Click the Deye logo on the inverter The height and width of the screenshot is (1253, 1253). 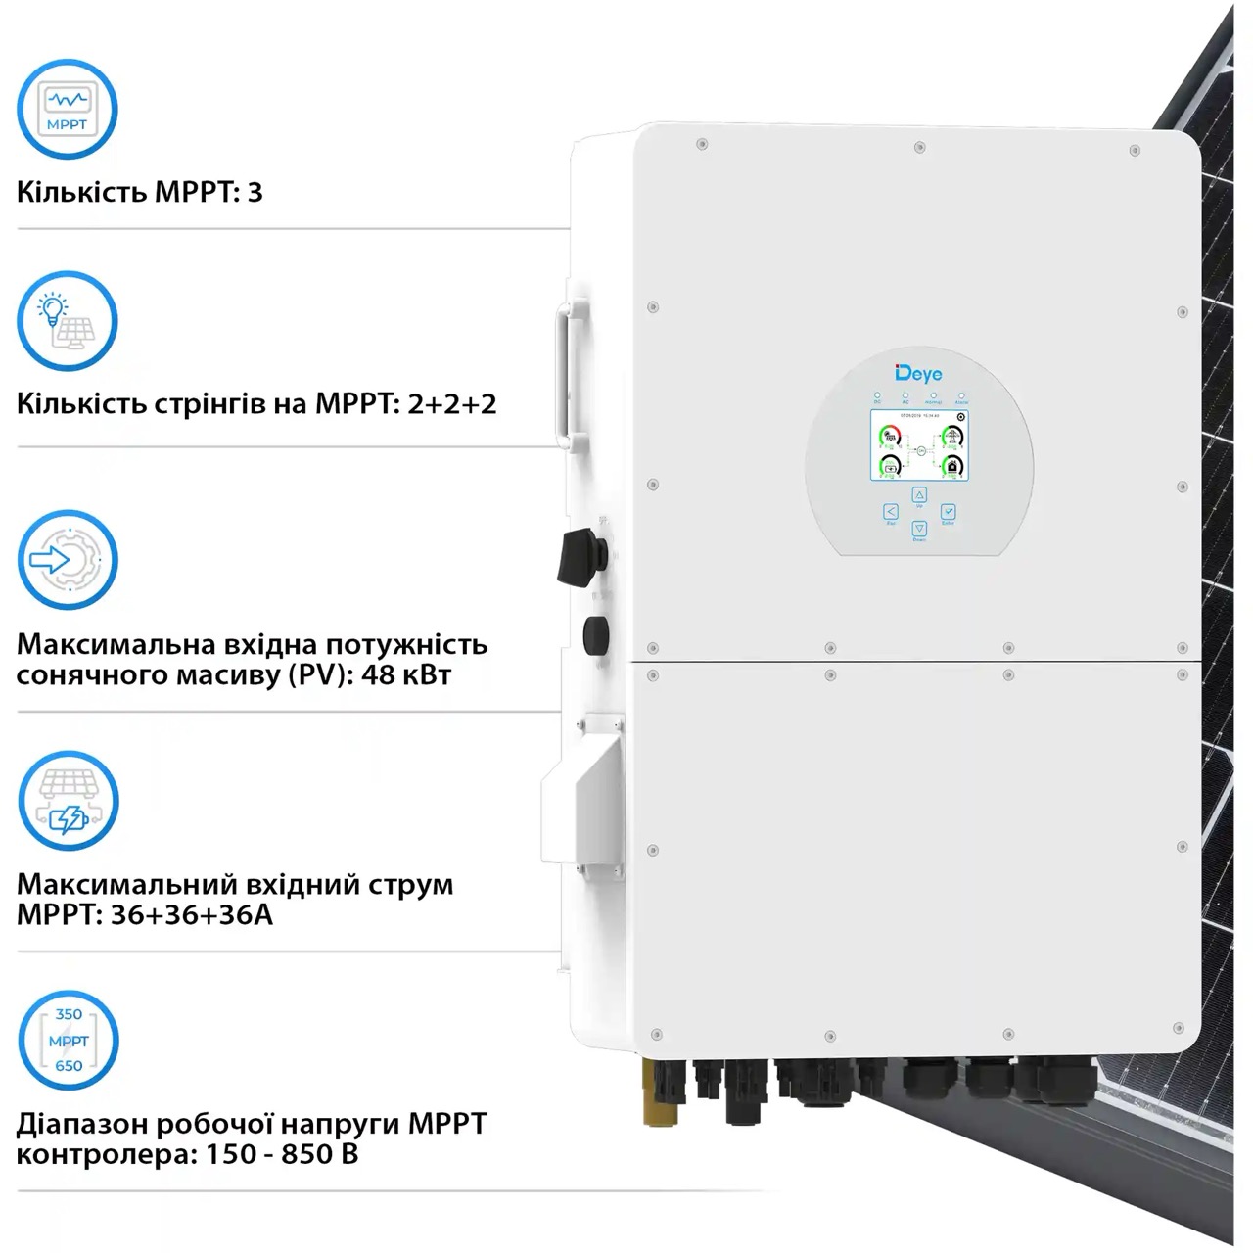(918, 373)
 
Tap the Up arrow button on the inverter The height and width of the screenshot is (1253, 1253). (919, 495)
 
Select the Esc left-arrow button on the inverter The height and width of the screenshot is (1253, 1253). (891, 512)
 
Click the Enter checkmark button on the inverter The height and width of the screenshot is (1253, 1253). (948, 512)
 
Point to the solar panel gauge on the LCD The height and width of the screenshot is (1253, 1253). (890, 436)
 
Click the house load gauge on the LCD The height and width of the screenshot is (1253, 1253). (951, 466)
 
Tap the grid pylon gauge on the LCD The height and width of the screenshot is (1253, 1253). (951, 436)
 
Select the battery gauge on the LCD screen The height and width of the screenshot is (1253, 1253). (890, 466)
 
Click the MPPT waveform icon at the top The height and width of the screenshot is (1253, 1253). (68, 109)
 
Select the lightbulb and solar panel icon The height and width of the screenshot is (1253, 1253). (68, 321)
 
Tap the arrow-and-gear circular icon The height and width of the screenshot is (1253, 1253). (68, 560)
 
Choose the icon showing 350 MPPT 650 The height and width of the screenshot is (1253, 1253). (69, 1040)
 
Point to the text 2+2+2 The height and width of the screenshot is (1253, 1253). (452, 403)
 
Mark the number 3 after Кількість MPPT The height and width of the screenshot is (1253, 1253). (255, 192)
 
